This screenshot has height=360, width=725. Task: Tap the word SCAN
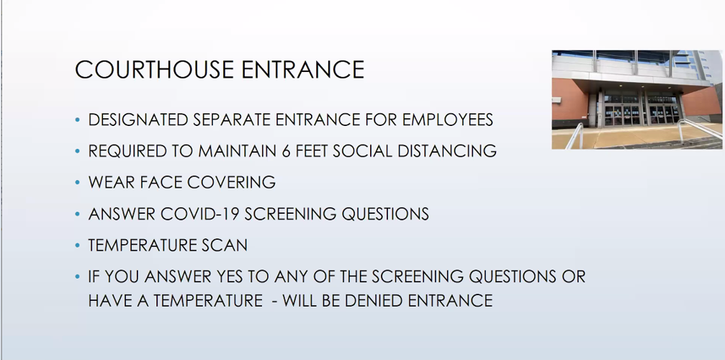[x=226, y=246]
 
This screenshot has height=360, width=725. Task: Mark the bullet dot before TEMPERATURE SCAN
[x=78, y=246]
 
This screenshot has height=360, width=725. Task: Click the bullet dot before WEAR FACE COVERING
[x=78, y=183]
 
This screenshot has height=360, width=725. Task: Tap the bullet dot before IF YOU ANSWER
[x=78, y=277]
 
